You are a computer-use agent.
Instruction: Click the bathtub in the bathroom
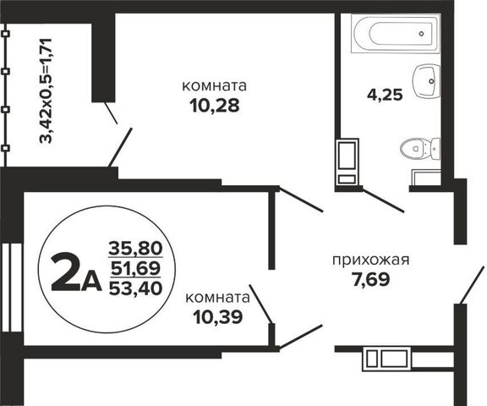396,34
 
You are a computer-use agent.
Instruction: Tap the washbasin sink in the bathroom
426,81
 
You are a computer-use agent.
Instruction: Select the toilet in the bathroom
420,149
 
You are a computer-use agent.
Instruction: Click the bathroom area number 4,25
385,95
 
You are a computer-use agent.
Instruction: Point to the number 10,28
215,106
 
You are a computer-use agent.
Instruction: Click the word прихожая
371,261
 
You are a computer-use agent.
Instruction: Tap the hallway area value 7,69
371,279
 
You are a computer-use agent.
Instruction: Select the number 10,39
218,317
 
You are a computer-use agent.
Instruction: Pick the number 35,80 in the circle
136,249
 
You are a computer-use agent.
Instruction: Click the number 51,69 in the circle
136,268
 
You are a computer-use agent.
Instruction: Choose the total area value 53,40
136,288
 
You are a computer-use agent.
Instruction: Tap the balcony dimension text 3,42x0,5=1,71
46,91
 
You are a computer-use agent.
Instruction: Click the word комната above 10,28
214,86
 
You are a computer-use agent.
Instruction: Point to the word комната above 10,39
218,298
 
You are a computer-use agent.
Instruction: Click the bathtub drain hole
421,34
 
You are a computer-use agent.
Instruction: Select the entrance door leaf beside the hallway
472,284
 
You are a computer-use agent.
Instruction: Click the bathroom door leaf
383,200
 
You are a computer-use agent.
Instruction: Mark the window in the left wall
11,288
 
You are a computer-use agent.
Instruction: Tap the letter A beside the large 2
91,282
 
